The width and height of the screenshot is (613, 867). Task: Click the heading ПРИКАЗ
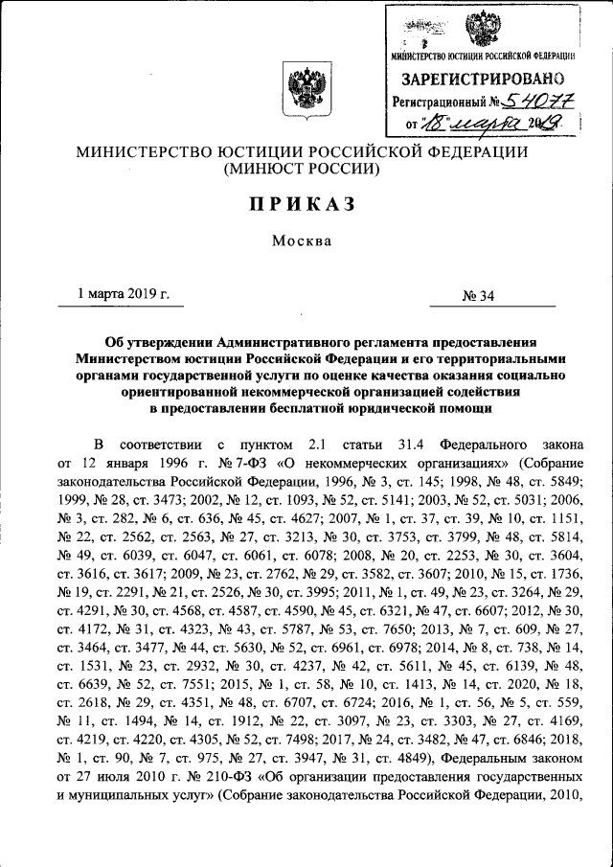(304, 203)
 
